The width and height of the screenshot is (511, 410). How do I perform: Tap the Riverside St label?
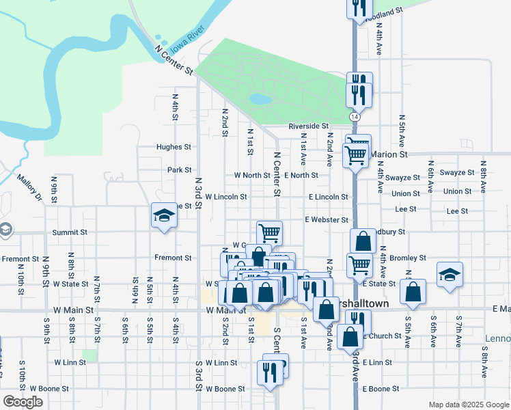308,126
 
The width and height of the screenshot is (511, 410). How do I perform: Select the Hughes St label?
174,147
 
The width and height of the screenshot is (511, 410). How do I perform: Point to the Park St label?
179,169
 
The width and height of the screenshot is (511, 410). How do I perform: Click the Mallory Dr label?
29,188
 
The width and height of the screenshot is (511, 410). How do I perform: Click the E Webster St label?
327,220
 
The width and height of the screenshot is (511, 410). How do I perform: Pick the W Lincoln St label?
225,197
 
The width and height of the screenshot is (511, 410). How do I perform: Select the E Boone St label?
381,389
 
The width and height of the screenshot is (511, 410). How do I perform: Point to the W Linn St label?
221,362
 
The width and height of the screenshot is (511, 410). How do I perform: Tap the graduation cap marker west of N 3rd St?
163,216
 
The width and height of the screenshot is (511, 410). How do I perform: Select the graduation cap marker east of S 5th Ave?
449,274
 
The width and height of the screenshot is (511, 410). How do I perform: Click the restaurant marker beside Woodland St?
358,8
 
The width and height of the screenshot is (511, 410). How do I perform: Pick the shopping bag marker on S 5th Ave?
413,291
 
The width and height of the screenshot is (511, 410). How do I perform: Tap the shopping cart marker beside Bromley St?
359,264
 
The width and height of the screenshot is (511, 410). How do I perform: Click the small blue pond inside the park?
260,99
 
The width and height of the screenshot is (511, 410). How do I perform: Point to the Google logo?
23,402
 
